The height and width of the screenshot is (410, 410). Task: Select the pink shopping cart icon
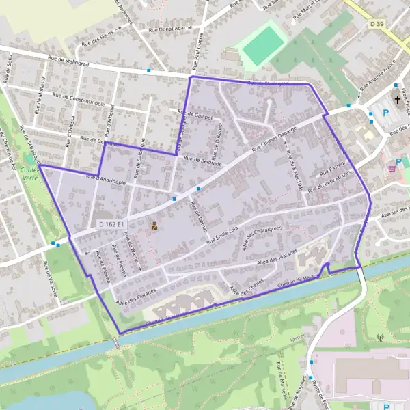point(392,167)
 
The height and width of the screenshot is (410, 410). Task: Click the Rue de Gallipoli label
point(195,115)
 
